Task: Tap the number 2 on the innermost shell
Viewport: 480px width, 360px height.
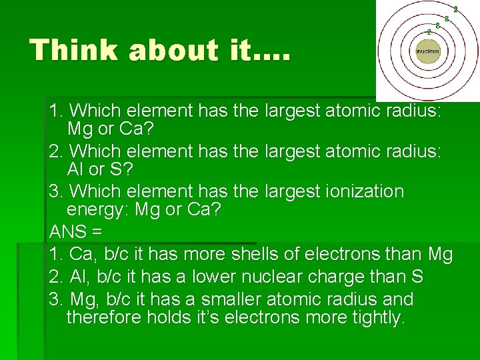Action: (429, 31)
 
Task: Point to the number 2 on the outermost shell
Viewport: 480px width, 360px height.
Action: (455, 9)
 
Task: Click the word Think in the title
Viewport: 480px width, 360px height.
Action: (74, 50)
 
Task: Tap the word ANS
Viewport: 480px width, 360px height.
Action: (67, 233)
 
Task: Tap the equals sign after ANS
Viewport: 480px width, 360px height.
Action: (97, 233)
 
